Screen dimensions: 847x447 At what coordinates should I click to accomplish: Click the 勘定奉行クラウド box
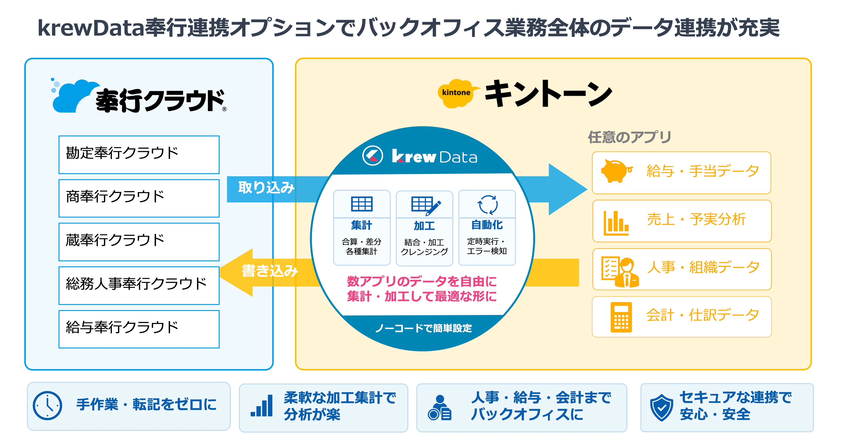[139, 155]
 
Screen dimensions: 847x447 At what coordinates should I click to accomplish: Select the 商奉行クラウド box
[139, 198]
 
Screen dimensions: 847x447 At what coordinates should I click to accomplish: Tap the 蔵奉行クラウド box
[139, 242]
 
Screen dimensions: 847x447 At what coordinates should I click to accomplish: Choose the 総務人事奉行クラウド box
[139, 285]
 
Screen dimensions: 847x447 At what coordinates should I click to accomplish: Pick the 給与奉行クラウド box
[139, 329]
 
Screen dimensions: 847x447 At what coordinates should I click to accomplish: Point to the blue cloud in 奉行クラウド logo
[74, 96]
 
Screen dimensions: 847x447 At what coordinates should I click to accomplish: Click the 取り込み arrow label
[266, 188]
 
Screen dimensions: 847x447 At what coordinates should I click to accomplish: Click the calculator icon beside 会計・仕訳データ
[621, 317]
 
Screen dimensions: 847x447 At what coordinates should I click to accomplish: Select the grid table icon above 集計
[362, 204]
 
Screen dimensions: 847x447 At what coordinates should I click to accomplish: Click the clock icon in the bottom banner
[47, 406]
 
